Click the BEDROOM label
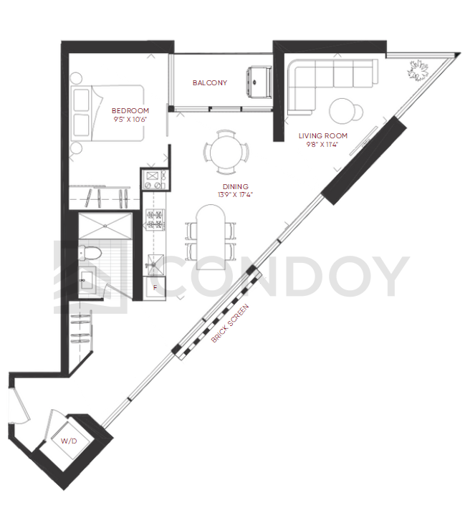tap(130, 110)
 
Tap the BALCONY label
tap(210, 83)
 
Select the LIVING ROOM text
tap(323, 135)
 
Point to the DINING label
tap(236, 186)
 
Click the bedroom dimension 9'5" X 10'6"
tap(130, 120)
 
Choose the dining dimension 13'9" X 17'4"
tap(236, 195)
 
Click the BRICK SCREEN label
tap(230, 323)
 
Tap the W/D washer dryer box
tap(69, 441)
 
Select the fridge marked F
tap(155, 288)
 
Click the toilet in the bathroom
tap(90, 253)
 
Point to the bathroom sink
tap(87, 280)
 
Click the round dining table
tap(226, 152)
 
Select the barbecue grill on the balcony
tap(259, 82)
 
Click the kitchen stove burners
tap(155, 220)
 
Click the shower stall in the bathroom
tap(105, 226)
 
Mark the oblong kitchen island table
tap(211, 237)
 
